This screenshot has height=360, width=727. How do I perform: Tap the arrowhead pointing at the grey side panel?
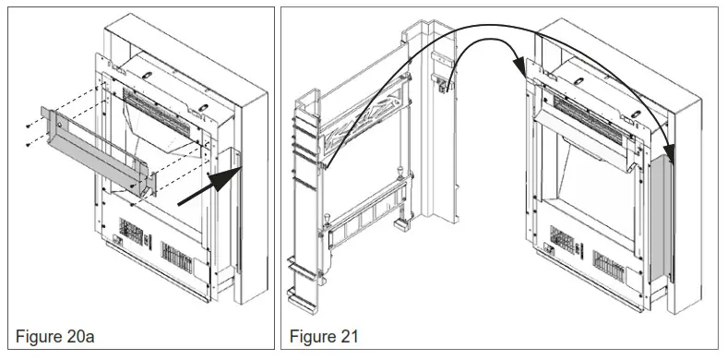tap(666, 158)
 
